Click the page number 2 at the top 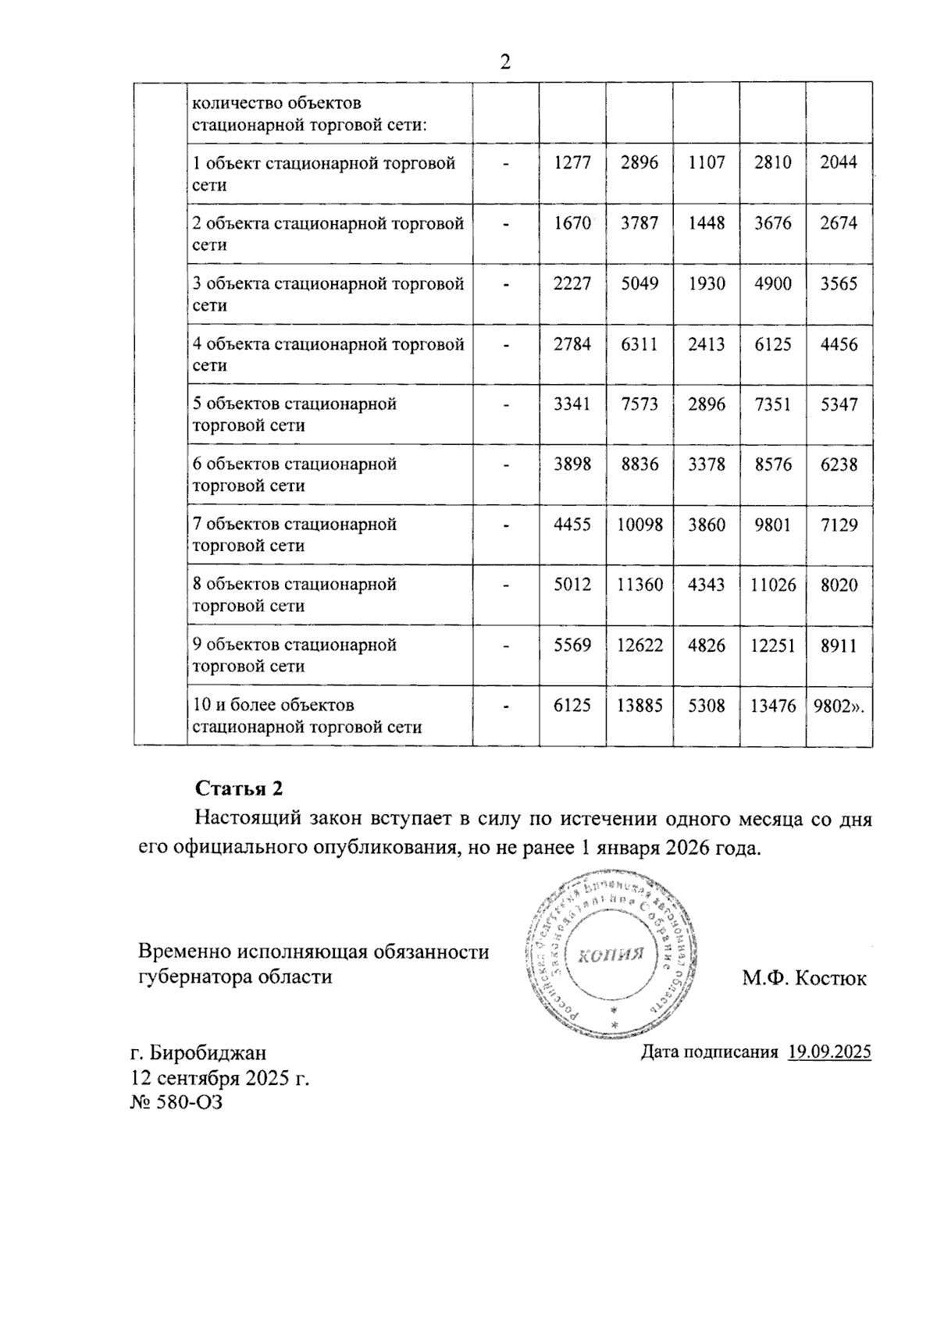click(505, 62)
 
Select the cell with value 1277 click(572, 162)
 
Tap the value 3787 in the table click(640, 223)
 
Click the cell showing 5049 click(640, 283)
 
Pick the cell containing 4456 click(839, 344)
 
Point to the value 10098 click(640, 525)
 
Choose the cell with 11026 click(773, 585)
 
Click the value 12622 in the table click(640, 646)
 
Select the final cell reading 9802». click(839, 706)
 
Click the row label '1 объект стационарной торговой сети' click(324, 173)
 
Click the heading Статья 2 click(238, 788)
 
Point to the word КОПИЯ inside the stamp click(611, 955)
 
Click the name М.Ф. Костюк click(803, 978)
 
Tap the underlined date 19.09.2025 click(829, 1051)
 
